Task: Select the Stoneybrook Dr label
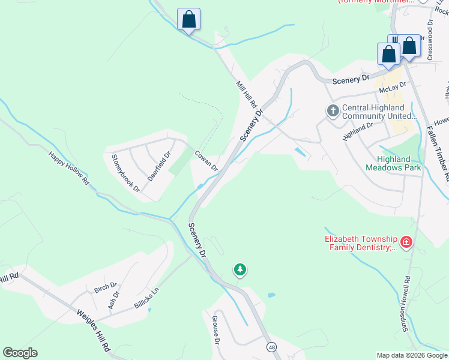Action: (x=125, y=173)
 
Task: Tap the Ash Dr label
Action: (x=113, y=300)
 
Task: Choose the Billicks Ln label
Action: (x=146, y=297)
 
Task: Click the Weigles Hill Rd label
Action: (x=93, y=330)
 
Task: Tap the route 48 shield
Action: (x=272, y=347)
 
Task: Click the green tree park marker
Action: (x=240, y=270)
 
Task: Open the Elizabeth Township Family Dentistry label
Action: (x=360, y=242)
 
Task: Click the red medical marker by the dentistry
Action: (x=406, y=242)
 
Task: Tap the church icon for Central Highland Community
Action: (x=333, y=111)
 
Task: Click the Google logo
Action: (x=20, y=353)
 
